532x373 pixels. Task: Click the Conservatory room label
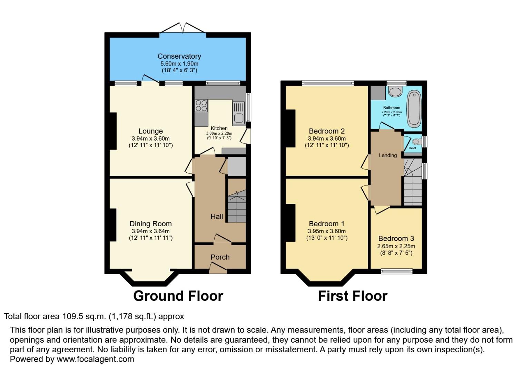179,56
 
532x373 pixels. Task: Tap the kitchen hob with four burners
201,105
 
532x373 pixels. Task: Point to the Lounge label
150,131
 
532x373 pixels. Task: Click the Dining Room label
150,224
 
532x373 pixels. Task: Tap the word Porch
220,257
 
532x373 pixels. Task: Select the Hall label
217,217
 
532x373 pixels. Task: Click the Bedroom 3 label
396,239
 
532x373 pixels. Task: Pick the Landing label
388,155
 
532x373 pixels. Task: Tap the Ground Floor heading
178,296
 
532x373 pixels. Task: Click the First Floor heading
353,296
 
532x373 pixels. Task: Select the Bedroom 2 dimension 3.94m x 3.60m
327,138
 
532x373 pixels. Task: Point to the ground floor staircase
237,207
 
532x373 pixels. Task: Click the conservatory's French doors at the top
183,28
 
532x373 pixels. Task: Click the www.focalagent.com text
95,359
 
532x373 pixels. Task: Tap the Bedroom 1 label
326,224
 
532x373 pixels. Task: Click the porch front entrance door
218,268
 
